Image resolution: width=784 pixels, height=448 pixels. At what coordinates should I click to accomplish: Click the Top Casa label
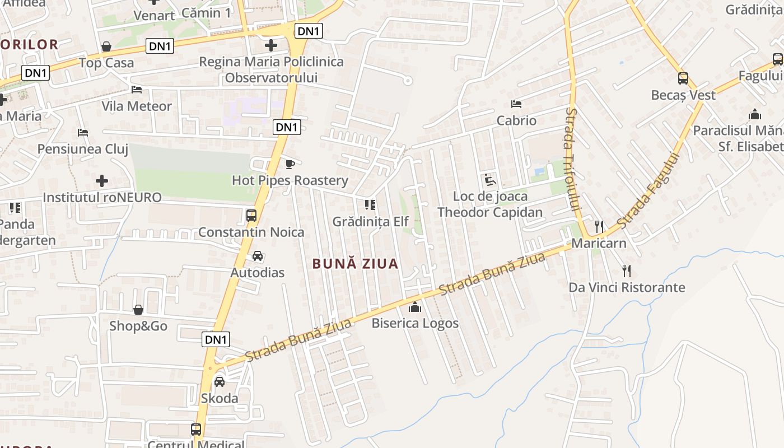pyautogui.click(x=106, y=63)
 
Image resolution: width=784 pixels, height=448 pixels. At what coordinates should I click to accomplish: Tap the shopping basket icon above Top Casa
pyautogui.click(x=106, y=46)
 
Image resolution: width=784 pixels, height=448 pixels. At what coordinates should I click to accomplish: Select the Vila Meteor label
pyautogui.click(x=137, y=106)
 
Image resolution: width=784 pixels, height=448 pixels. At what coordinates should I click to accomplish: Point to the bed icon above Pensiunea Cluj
pyautogui.click(x=83, y=133)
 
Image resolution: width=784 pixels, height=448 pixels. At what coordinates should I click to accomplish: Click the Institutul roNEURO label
pyautogui.click(x=102, y=197)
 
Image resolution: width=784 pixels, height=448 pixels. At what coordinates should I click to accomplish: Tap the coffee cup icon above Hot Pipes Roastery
pyautogui.click(x=290, y=164)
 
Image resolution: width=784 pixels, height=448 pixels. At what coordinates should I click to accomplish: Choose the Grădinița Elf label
pyautogui.click(x=371, y=221)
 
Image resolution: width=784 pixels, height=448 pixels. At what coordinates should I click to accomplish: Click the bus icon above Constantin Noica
pyautogui.click(x=251, y=216)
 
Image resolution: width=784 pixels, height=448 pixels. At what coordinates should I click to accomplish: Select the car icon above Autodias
pyautogui.click(x=258, y=256)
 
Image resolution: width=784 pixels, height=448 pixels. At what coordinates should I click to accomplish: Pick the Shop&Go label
pyautogui.click(x=138, y=326)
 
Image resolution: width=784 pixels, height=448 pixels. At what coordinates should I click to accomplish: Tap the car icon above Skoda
pyautogui.click(x=220, y=382)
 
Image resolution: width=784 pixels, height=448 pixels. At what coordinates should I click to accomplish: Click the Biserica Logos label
pyautogui.click(x=415, y=323)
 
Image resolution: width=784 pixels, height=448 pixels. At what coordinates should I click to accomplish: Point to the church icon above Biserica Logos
pyautogui.click(x=415, y=307)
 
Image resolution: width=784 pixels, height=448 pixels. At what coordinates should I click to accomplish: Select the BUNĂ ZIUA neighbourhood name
pyautogui.click(x=355, y=264)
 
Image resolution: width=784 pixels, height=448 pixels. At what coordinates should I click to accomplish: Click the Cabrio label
pyautogui.click(x=516, y=120)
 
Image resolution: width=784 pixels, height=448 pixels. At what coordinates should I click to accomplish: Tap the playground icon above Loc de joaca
pyautogui.click(x=490, y=180)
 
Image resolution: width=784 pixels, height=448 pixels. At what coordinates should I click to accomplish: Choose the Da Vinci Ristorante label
pyautogui.click(x=627, y=287)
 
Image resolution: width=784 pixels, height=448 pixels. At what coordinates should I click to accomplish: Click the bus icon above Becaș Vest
pyautogui.click(x=683, y=78)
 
